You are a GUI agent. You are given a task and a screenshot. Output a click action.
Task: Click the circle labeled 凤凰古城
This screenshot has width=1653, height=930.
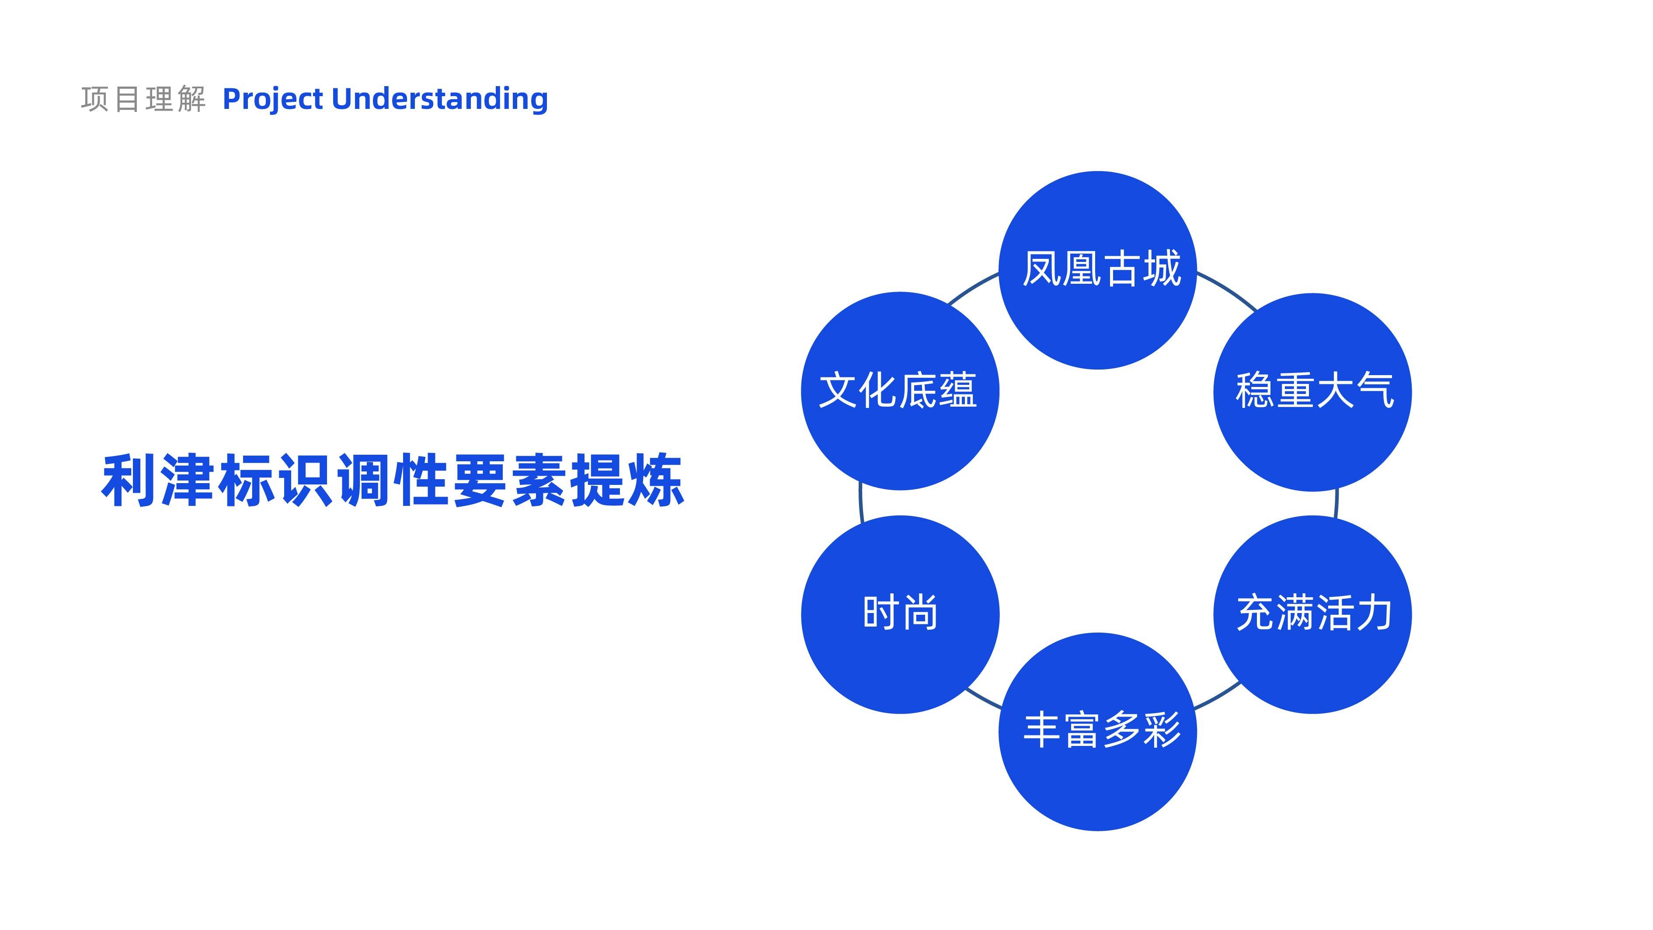coord(1097,270)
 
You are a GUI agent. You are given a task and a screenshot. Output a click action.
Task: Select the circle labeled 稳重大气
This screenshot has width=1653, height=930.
coord(1312,392)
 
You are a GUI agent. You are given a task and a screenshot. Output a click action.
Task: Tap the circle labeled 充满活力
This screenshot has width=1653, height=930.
coord(1312,614)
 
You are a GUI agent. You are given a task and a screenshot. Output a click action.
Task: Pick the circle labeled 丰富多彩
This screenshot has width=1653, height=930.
coord(1097,731)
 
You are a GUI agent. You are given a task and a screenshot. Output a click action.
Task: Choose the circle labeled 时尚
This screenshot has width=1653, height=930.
coord(900,614)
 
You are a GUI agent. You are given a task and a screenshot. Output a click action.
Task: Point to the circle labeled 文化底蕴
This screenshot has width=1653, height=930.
coord(900,391)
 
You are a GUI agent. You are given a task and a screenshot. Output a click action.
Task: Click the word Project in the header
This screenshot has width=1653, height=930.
coord(273,100)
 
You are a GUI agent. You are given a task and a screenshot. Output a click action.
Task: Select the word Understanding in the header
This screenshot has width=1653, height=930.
coord(439,100)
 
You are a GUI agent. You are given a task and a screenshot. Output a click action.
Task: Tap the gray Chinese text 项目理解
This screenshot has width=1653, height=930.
coord(143,100)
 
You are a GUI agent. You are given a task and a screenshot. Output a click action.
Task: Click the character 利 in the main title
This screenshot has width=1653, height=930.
coord(129,480)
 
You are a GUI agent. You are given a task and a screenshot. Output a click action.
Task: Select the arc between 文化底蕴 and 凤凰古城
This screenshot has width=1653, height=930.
coord(973,286)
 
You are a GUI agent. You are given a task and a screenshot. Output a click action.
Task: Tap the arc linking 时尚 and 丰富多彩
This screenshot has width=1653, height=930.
coord(983,698)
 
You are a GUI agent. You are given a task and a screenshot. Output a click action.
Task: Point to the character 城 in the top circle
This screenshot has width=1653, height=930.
coord(1162,268)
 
